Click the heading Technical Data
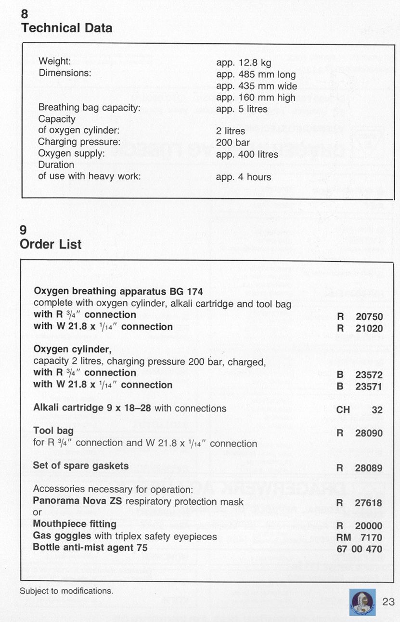click(x=66, y=28)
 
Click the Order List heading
click(x=51, y=244)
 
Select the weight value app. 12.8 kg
click(x=244, y=62)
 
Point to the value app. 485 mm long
click(x=256, y=75)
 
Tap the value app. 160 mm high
click(x=256, y=98)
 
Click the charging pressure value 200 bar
click(x=233, y=143)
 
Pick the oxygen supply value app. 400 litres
click(x=247, y=154)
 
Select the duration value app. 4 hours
click(x=244, y=177)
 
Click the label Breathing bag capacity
click(x=89, y=108)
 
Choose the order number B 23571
click(x=360, y=386)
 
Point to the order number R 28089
click(x=360, y=468)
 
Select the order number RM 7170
click(x=360, y=537)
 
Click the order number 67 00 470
click(x=360, y=549)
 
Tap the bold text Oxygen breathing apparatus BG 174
click(x=118, y=291)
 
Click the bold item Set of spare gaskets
click(x=80, y=466)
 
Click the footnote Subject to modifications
click(x=66, y=591)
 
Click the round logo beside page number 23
click(x=362, y=601)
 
